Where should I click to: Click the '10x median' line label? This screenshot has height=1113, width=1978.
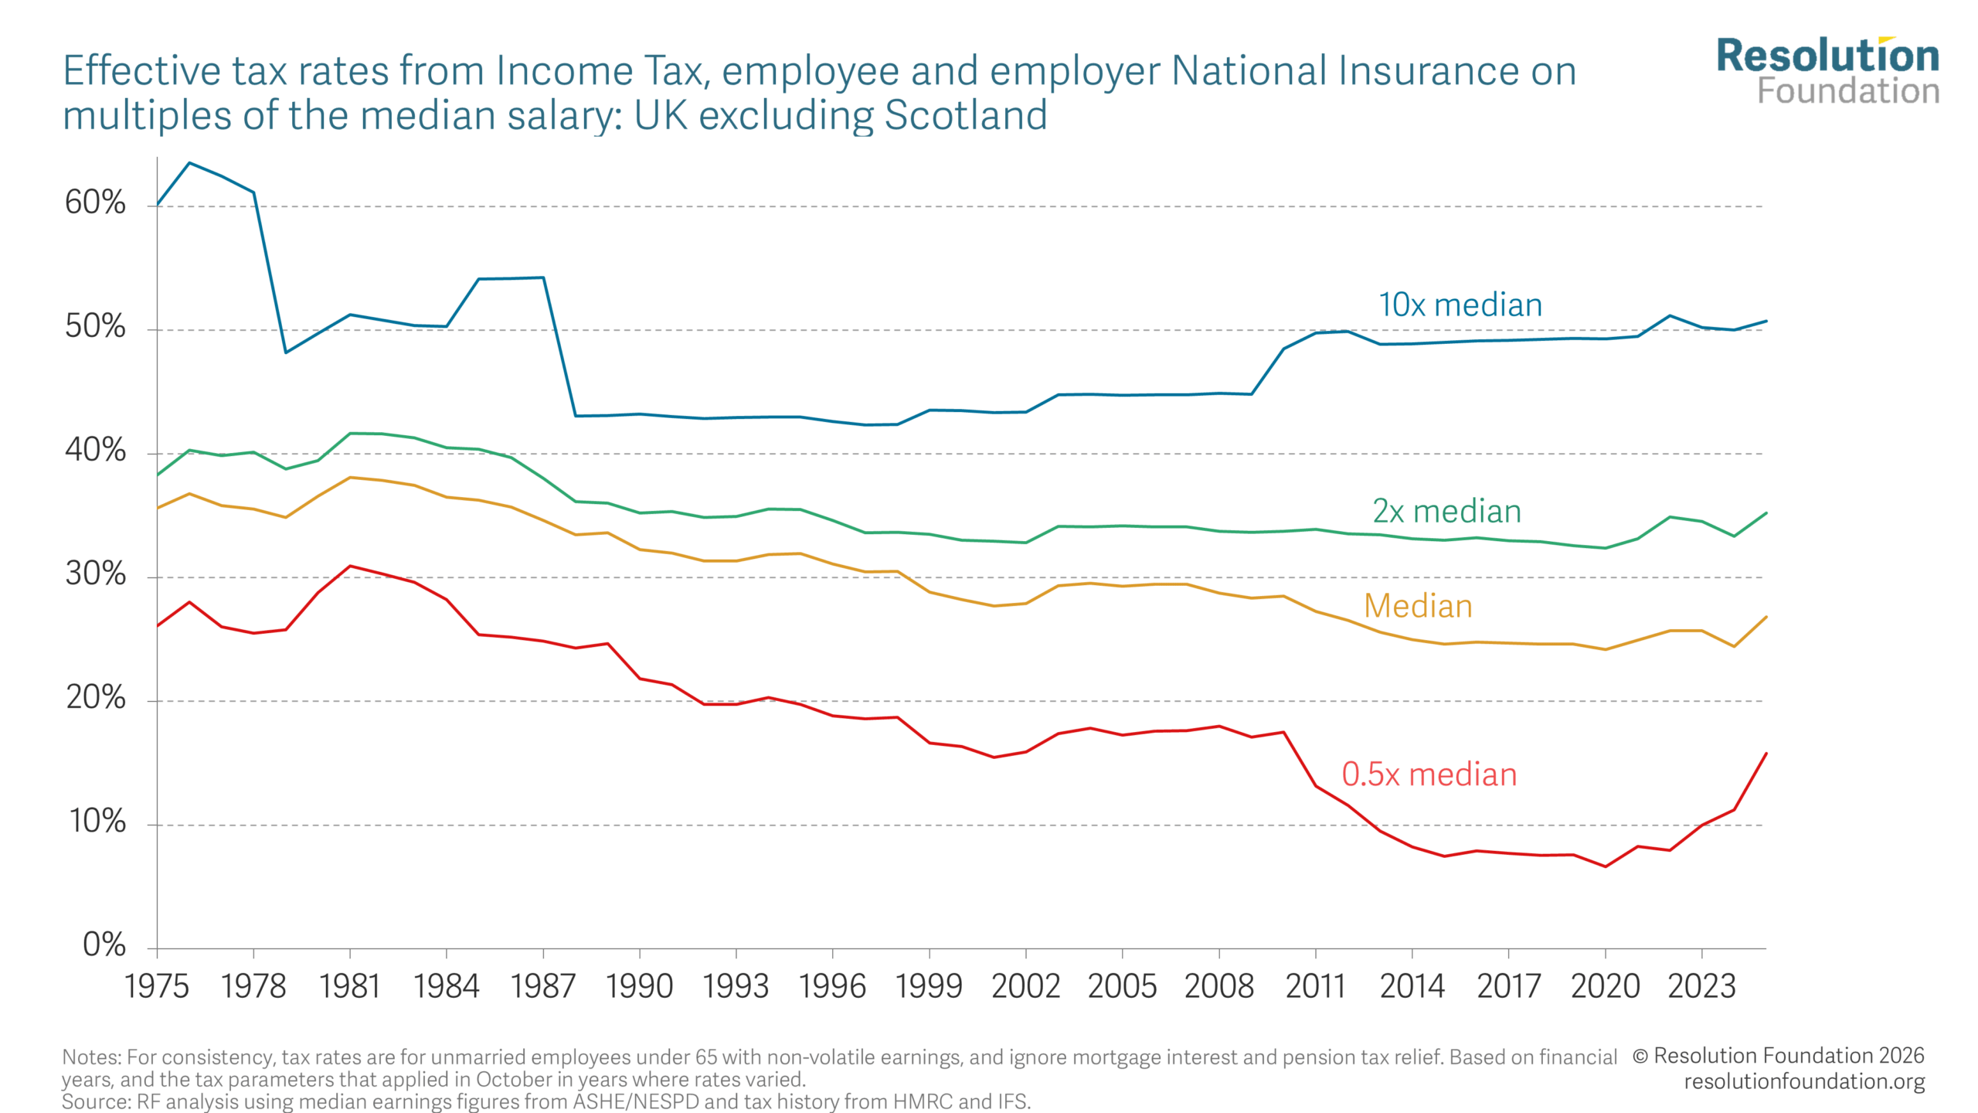point(1460,305)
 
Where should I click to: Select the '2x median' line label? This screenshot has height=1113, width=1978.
point(1446,512)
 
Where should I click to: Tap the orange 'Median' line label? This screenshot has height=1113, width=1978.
point(1418,606)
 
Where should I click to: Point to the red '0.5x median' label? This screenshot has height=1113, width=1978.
point(1429,774)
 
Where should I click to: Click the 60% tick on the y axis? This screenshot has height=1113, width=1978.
point(95,203)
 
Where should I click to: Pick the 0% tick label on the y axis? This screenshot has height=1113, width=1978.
point(104,945)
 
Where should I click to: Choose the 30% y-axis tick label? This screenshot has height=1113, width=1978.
point(95,574)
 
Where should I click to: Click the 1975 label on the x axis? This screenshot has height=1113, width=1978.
point(157,986)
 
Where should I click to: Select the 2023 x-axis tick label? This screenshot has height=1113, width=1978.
point(1701,986)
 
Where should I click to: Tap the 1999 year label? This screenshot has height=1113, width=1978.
point(929,986)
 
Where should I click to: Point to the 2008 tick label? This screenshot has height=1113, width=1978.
point(1218,986)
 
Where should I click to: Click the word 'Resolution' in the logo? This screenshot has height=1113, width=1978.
point(1828,56)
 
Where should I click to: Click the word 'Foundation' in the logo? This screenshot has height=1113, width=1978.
point(1848,91)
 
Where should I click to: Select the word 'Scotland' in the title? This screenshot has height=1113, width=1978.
point(966,115)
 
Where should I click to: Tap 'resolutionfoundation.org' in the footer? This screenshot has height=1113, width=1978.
point(1804,1081)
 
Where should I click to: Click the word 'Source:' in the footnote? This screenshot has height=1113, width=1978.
point(97,1101)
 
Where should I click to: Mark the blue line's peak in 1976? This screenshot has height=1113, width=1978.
point(190,163)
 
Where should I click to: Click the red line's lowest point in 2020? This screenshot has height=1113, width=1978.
point(1606,866)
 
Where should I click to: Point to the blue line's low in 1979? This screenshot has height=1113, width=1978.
point(286,352)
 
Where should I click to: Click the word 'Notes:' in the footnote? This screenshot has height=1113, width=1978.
point(92,1057)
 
